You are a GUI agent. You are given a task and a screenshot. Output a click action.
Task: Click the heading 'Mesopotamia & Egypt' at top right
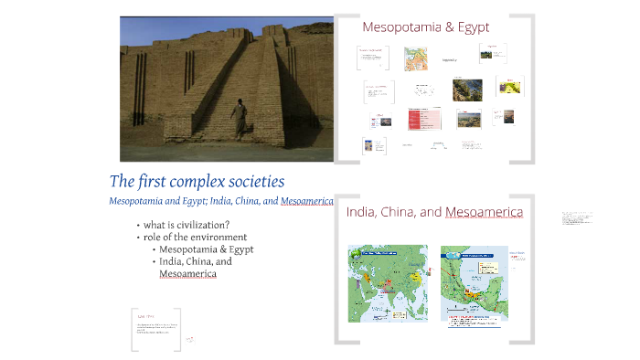pyautogui.click(x=425, y=26)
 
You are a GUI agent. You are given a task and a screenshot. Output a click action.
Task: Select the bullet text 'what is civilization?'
pyautogui.click(x=187, y=225)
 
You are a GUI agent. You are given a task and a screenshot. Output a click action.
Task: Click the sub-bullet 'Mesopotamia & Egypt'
pyautogui.click(x=206, y=249)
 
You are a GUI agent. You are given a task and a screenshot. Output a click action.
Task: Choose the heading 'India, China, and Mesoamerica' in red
pyautogui.click(x=434, y=212)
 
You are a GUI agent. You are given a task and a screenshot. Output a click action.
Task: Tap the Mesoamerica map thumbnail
pyautogui.click(x=473, y=282)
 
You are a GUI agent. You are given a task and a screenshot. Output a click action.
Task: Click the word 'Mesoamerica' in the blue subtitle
pyautogui.click(x=307, y=201)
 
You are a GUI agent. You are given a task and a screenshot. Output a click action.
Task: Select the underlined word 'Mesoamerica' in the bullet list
pyautogui.click(x=187, y=273)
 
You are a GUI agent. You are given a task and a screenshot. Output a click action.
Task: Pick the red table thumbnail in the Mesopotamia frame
pyautogui.click(x=424, y=119)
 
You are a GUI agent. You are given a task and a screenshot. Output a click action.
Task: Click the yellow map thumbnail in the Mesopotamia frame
pyautogui.click(x=510, y=87)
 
